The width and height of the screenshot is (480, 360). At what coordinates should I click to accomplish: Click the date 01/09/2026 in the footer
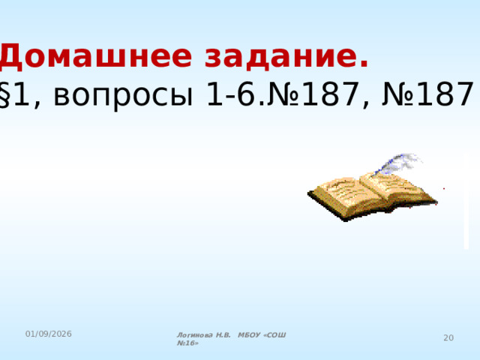(46, 332)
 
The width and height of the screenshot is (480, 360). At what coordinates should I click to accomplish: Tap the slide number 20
(448, 338)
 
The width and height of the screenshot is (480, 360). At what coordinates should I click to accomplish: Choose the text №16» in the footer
(187, 343)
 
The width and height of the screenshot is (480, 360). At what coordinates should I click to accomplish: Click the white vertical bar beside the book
(466, 199)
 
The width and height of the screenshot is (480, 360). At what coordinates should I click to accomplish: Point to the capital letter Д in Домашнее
(14, 55)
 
